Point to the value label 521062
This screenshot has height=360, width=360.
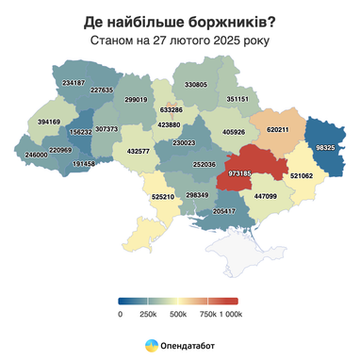(302, 175)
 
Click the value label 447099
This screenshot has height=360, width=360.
(265, 196)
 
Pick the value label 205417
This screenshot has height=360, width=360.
(224, 211)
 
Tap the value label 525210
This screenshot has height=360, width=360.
(163, 197)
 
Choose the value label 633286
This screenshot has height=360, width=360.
(172, 109)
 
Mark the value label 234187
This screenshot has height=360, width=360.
(74, 83)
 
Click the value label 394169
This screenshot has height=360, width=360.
(49, 122)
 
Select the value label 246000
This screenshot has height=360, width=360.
(36, 155)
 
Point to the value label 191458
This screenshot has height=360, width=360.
(84, 164)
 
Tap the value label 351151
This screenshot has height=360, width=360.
(237, 98)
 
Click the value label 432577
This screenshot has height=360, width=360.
(138, 151)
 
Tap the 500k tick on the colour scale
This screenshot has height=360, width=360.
(178, 314)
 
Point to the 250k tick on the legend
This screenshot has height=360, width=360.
(148, 314)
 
